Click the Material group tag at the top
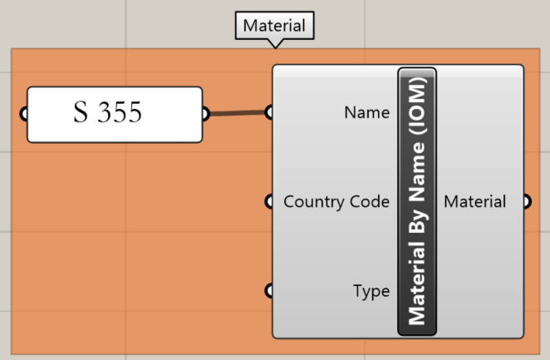274,26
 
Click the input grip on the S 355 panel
23,114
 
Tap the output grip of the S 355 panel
205,114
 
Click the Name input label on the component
366,112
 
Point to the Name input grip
268,111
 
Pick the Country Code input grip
268,201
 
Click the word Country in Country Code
311,201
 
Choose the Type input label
371,291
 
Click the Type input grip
268,290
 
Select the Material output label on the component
474,201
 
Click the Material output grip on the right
527,201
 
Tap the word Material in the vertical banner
417,288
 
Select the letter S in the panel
81,114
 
